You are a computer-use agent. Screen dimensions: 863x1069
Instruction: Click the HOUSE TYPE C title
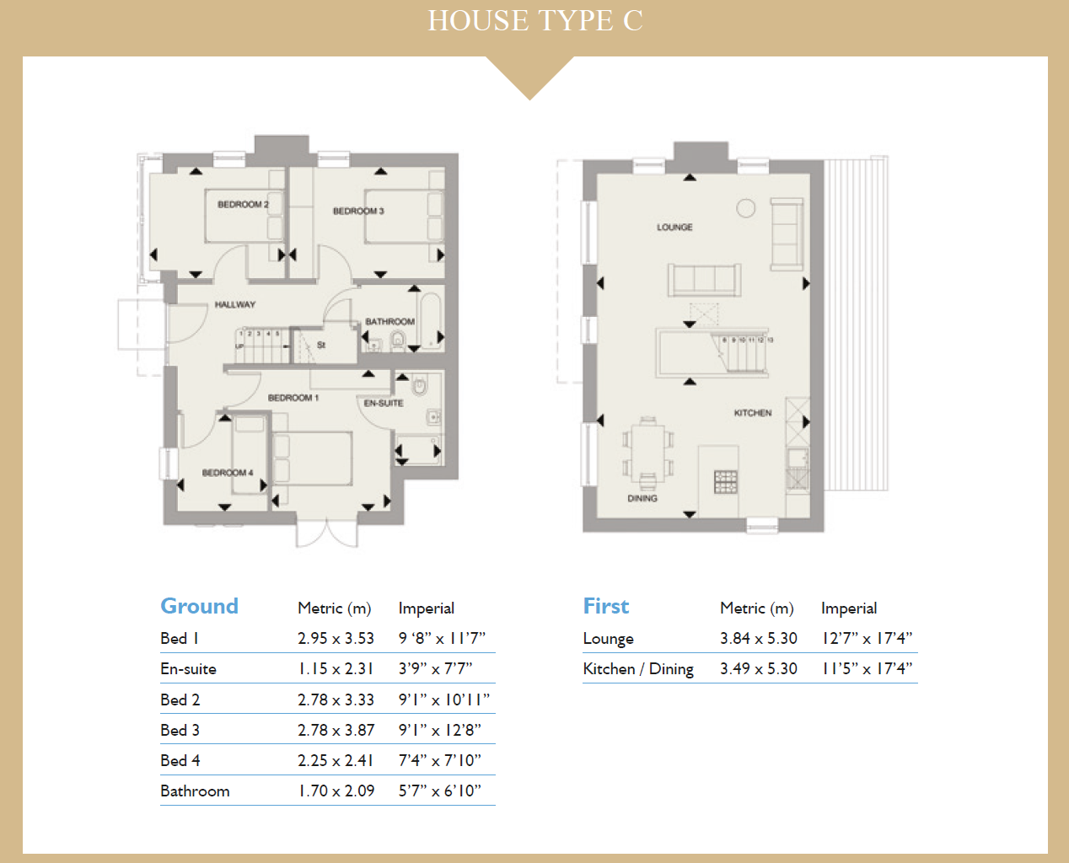(534, 20)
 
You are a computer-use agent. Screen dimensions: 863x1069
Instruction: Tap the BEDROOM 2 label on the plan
(243, 205)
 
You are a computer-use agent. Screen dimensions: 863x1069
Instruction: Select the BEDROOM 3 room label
(358, 211)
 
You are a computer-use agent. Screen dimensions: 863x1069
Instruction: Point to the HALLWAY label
(234, 304)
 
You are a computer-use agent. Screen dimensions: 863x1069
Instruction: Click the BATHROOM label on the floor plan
(389, 322)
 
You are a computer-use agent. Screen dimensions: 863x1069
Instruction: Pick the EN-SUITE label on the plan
(384, 403)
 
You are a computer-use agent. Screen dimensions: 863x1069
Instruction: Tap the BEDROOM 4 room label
(227, 473)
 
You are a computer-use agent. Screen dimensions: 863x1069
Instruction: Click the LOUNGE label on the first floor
(674, 228)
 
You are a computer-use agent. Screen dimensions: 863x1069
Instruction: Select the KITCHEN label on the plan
(752, 413)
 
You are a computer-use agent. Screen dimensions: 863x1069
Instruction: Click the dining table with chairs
(647, 452)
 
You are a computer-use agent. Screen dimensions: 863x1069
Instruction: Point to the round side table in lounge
(746, 208)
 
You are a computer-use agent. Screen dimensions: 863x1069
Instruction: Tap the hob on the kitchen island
(725, 481)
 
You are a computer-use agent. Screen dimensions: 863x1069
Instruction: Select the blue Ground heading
(199, 606)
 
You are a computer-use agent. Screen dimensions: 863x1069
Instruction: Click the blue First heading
(605, 606)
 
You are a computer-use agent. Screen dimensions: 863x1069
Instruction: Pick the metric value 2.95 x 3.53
(336, 638)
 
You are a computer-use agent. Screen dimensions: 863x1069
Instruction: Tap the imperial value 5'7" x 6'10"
(439, 791)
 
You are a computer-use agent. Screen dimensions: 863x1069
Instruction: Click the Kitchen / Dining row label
(637, 668)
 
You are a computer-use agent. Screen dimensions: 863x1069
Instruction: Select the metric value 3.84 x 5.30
(758, 638)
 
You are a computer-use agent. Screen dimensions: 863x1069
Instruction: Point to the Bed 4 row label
(180, 760)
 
